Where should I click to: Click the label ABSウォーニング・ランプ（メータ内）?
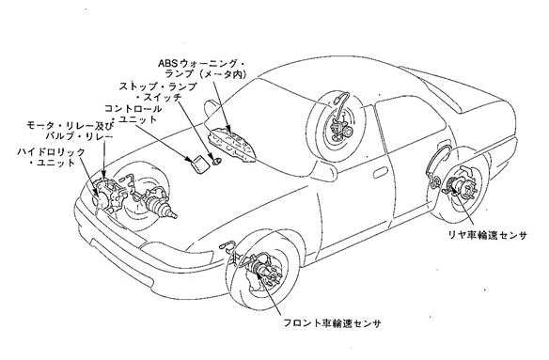tap(202, 69)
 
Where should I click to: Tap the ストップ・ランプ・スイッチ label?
tap(158, 91)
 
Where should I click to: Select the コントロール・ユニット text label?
tap(133, 114)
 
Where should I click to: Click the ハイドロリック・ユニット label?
tap(52, 158)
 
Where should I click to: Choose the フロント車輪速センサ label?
tap(332, 323)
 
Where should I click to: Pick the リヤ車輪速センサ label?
tap(488, 235)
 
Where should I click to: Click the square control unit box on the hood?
tap(198, 164)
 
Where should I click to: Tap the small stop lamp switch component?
tap(217, 161)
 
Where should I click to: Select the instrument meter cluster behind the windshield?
tap(232, 145)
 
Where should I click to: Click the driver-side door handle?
tap(381, 172)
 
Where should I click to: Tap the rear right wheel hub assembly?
tap(460, 187)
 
